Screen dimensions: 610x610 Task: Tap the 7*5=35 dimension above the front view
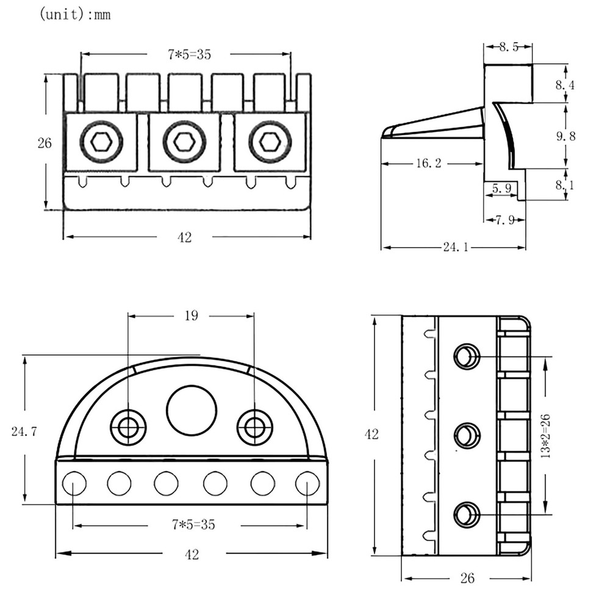coord(189,54)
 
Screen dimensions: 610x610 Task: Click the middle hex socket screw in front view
coord(184,142)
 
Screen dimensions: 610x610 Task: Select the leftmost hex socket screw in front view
coord(101,142)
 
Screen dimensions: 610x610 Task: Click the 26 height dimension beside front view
coord(45,143)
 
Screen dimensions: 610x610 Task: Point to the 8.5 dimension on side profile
coord(508,47)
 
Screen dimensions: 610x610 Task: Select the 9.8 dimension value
coord(565,135)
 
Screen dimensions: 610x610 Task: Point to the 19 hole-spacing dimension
coord(190,315)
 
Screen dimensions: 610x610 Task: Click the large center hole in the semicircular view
coord(192,410)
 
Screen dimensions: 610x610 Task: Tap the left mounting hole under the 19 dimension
coord(128,427)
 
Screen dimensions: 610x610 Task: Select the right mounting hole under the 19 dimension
coord(254,427)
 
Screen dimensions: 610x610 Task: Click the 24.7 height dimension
coord(25,432)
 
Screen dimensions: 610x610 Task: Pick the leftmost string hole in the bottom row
coord(73,483)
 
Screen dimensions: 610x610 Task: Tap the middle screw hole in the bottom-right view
coord(467,436)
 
